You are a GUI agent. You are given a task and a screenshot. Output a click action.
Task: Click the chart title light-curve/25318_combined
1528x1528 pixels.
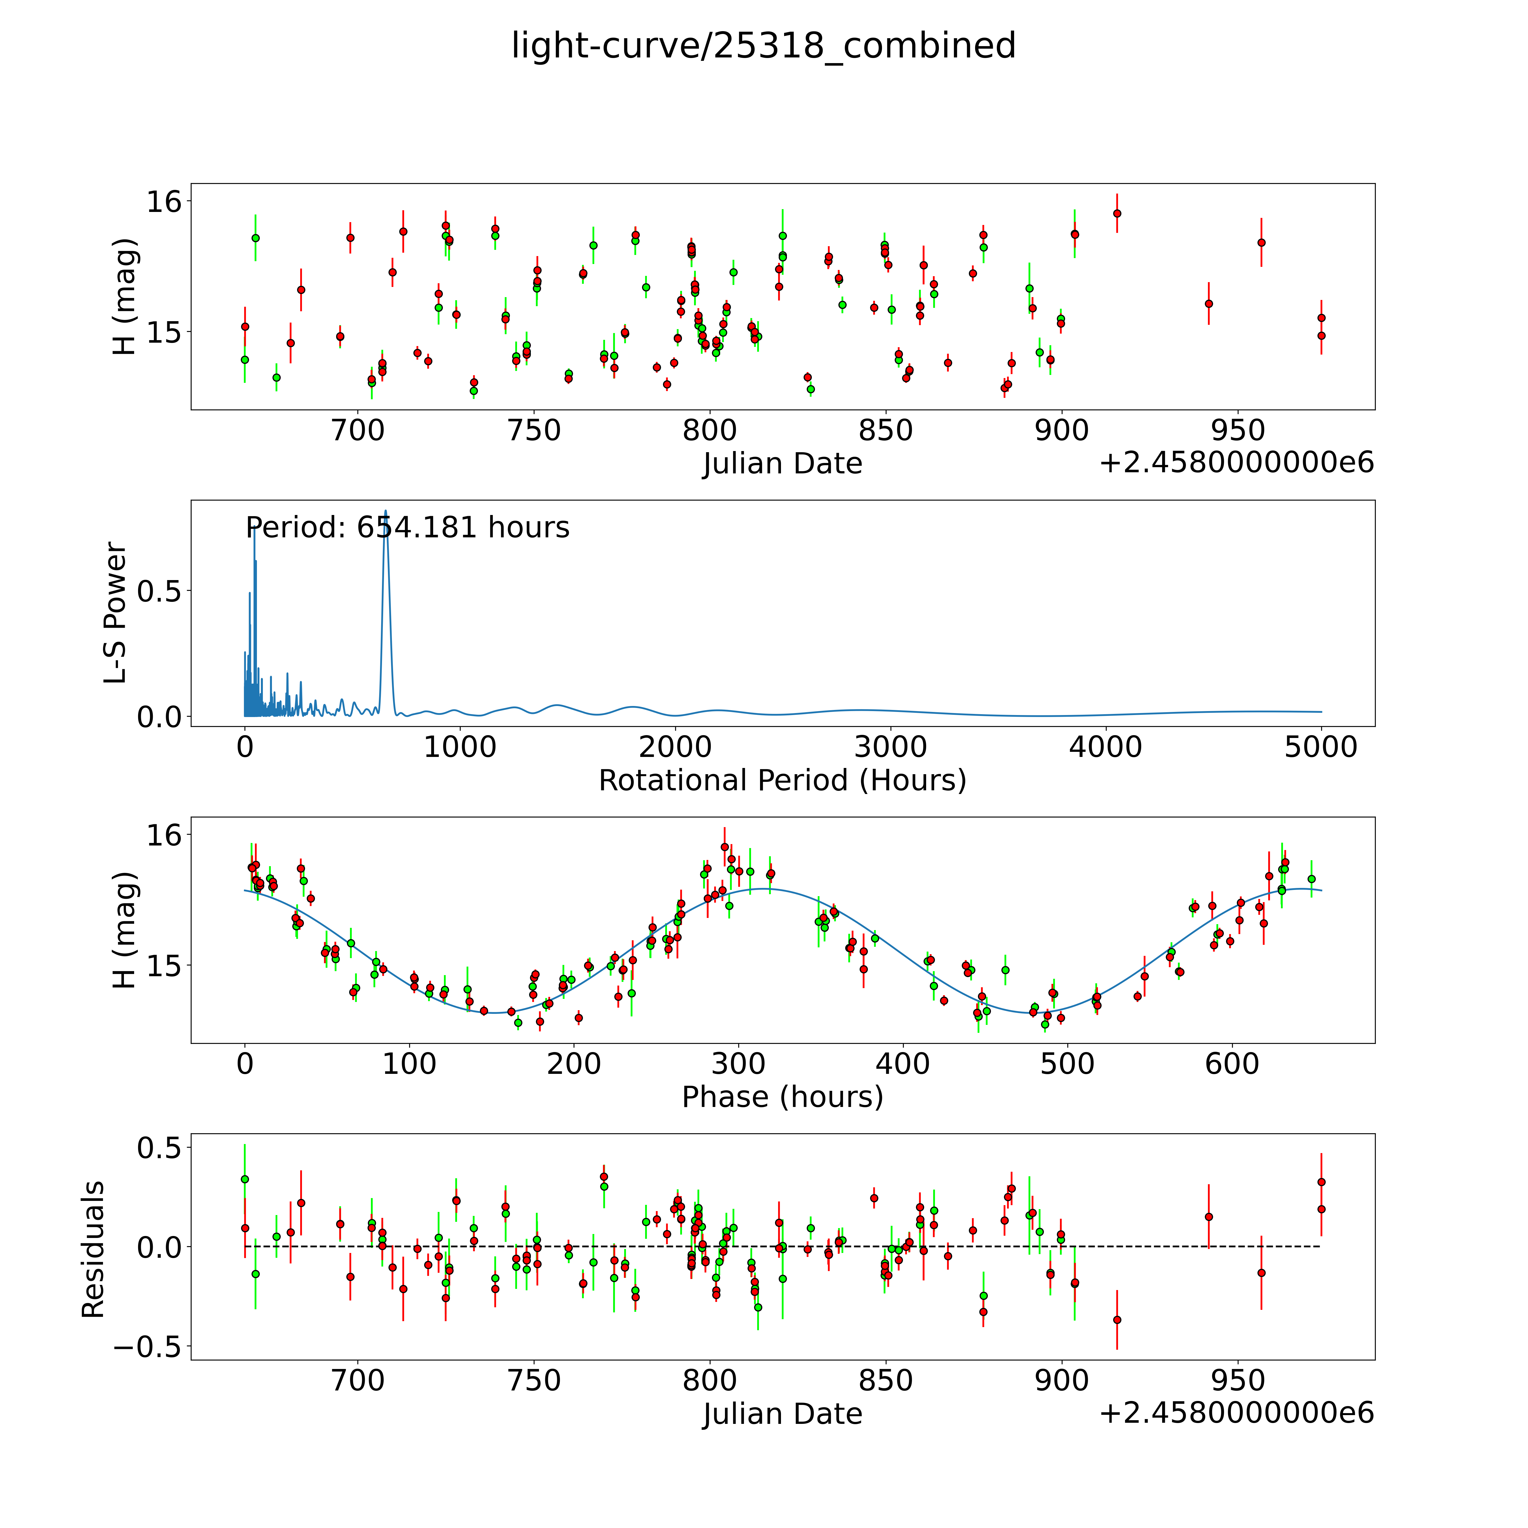click(x=763, y=46)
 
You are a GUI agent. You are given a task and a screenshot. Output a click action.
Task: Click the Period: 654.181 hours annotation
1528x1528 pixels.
click(x=407, y=527)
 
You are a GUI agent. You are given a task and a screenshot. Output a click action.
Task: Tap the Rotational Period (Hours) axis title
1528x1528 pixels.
click(x=782, y=781)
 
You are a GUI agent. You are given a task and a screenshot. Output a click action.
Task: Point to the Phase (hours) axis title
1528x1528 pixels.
click(x=782, y=1097)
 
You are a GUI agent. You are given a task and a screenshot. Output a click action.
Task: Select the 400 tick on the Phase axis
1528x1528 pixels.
click(x=902, y=1064)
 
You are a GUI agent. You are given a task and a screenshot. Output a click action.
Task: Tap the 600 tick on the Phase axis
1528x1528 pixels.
click(x=1231, y=1064)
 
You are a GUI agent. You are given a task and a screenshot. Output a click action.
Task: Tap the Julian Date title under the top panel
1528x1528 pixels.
click(x=782, y=463)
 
